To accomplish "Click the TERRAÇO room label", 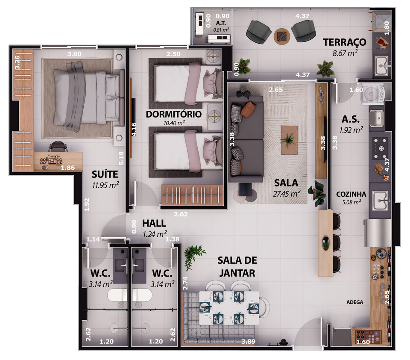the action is [344, 42].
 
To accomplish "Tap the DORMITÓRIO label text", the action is [174, 114].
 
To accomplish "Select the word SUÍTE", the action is [105, 174].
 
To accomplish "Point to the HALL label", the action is [154, 223].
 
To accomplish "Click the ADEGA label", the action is [355, 302].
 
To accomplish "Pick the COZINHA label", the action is [351, 194].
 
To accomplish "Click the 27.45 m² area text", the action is [286, 194].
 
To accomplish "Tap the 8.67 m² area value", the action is [345, 53].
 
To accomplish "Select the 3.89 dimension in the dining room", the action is [248, 342].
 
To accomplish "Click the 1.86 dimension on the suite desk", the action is [68, 168].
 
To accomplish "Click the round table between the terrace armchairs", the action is [282, 36].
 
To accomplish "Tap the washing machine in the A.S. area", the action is [372, 94].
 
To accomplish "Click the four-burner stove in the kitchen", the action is [380, 149].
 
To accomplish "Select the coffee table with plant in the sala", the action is [289, 140].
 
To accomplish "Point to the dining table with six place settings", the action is [229, 308].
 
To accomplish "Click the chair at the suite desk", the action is [58, 147].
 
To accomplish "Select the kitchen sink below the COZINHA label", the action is [380, 201].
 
